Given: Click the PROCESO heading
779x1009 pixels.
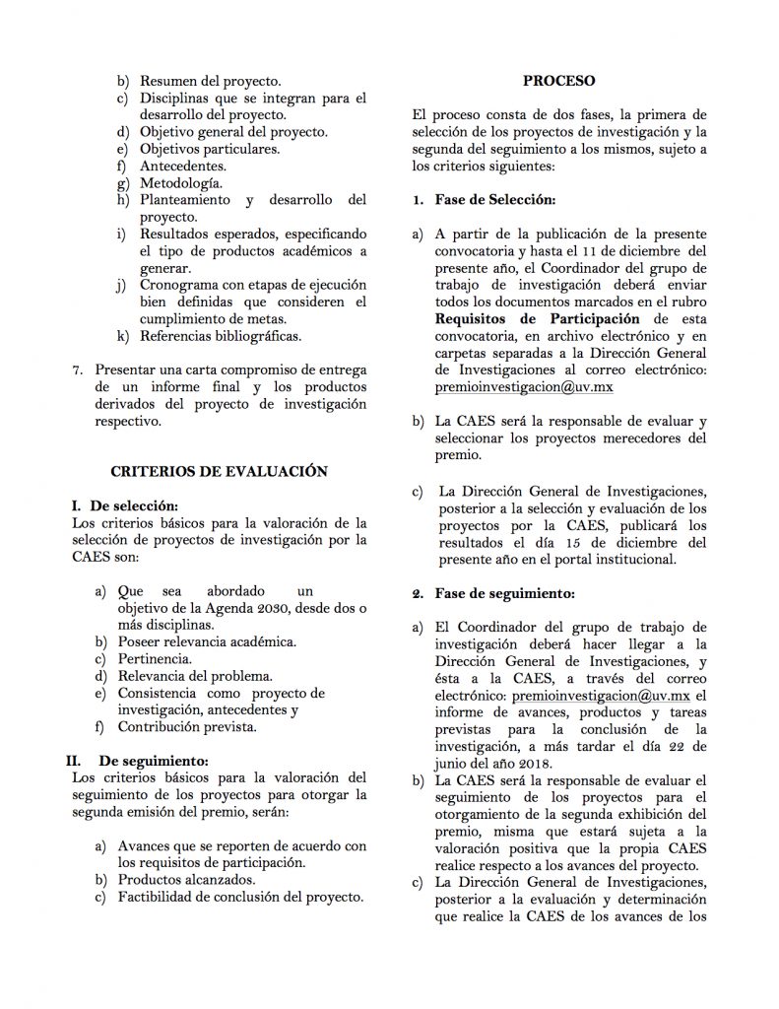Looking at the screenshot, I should pos(558,80).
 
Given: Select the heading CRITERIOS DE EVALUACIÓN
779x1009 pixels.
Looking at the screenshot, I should pos(218,472).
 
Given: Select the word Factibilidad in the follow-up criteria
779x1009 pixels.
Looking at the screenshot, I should pos(159,897).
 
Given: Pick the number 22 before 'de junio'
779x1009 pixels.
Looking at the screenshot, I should pos(695,746).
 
